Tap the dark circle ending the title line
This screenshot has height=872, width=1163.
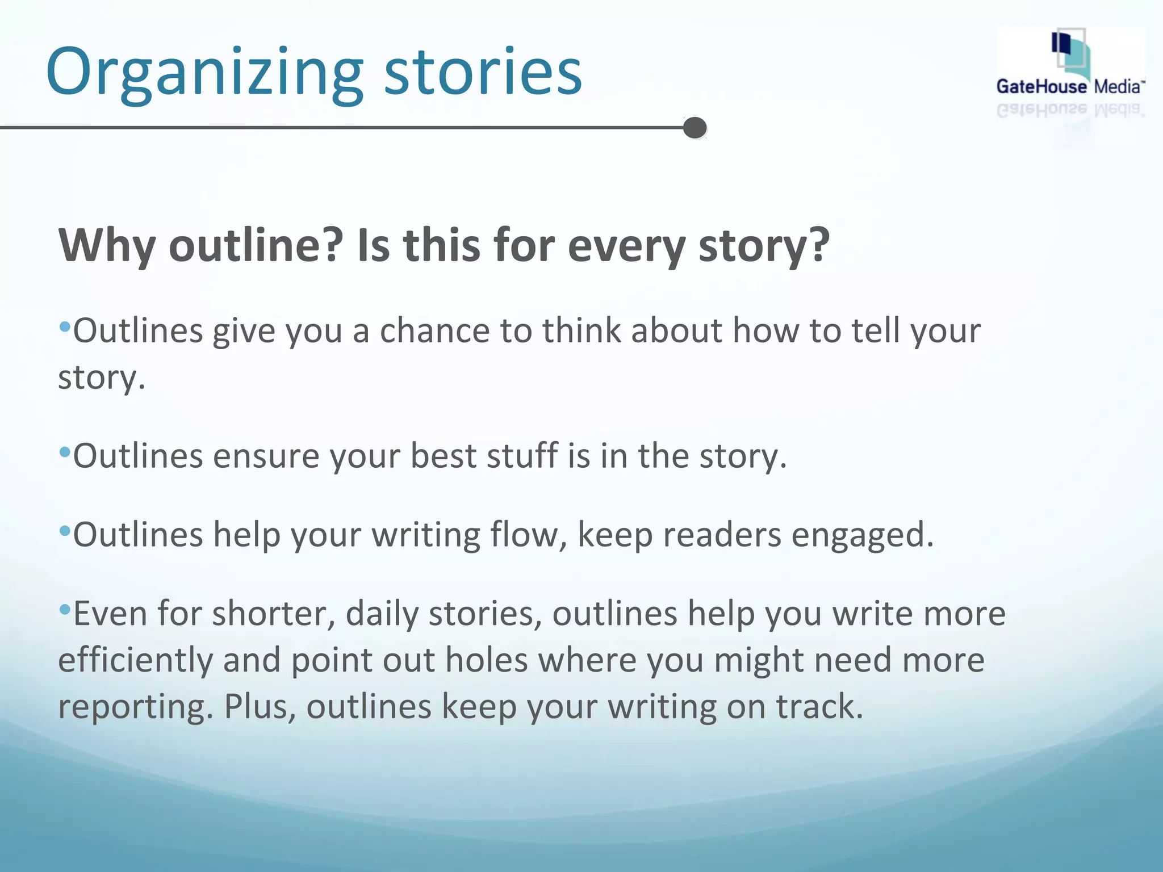pyautogui.click(x=695, y=128)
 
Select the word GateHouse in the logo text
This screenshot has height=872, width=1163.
pyautogui.click(x=1041, y=87)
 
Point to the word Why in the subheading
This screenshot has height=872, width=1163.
pyautogui.click(x=107, y=245)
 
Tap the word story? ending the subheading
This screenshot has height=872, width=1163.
pyautogui.click(x=764, y=245)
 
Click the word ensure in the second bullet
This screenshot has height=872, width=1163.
pyautogui.click(x=266, y=456)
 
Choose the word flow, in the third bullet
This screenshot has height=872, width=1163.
pyautogui.click(x=528, y=535)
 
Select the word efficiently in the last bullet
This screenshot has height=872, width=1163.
pyautogui.click(x=135, y=660)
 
